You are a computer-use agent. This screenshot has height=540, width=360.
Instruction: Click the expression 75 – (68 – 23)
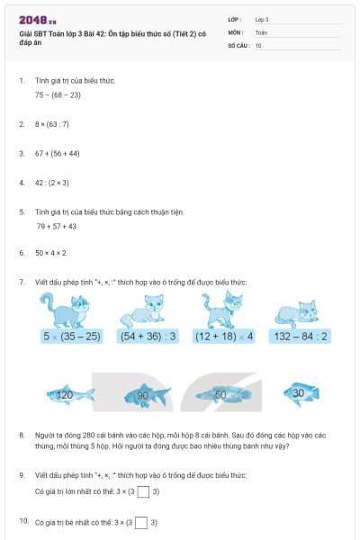(58, 94)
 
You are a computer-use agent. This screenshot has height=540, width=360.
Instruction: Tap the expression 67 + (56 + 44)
(58, 153)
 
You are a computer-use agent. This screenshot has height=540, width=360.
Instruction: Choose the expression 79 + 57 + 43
(56, 226)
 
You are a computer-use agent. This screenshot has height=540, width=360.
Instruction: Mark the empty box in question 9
(140, 491)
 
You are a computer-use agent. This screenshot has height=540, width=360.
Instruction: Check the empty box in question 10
(140, 522)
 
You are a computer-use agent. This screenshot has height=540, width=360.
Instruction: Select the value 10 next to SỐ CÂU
(258, 45)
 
